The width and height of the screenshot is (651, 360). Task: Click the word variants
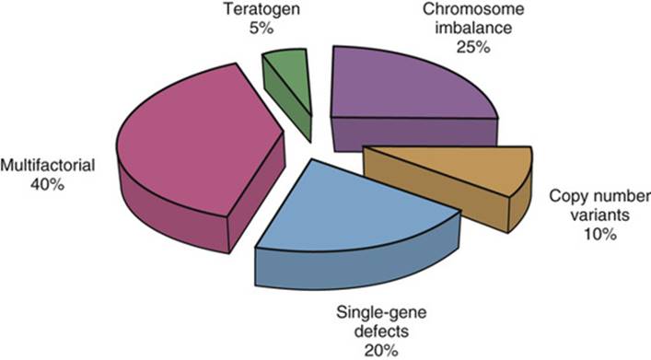pyautogui.click(x=596, y=215)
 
